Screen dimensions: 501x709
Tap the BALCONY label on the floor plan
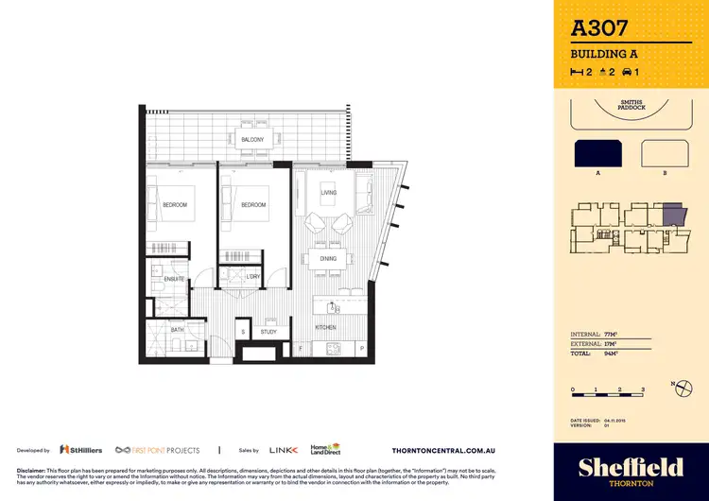(251, 140)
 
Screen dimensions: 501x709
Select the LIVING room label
(329, 193)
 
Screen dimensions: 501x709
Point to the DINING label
(328, 258)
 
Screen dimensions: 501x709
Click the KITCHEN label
(325, 327)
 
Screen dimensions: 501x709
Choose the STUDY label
(268, 332)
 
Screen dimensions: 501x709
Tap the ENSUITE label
(173, 279)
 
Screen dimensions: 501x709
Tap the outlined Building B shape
(664, 154)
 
